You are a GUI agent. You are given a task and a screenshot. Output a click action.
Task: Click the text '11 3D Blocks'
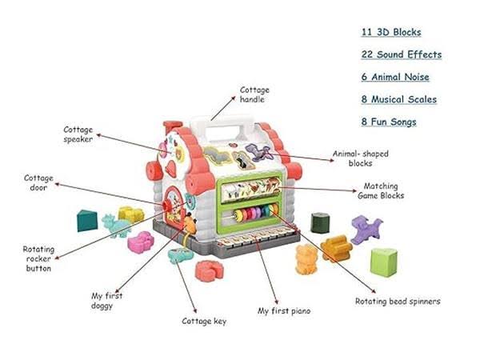390,32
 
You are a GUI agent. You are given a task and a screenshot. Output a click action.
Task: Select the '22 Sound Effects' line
400,54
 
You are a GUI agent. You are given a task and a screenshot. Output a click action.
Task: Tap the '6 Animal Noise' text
394,77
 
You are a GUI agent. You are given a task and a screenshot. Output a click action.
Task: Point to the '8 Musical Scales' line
398,99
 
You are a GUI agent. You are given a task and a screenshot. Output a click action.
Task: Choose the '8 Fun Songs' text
388,122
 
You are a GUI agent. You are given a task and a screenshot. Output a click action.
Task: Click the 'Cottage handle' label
255,95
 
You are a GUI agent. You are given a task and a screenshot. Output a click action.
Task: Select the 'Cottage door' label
38,182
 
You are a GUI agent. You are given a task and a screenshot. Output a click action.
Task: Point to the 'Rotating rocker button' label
38,258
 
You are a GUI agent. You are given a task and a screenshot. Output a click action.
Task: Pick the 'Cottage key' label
204,321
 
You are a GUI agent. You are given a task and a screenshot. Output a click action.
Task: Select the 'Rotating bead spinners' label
397,302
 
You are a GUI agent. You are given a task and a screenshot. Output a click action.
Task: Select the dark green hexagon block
320,222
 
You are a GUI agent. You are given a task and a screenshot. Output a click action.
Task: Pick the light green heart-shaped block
384,261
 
